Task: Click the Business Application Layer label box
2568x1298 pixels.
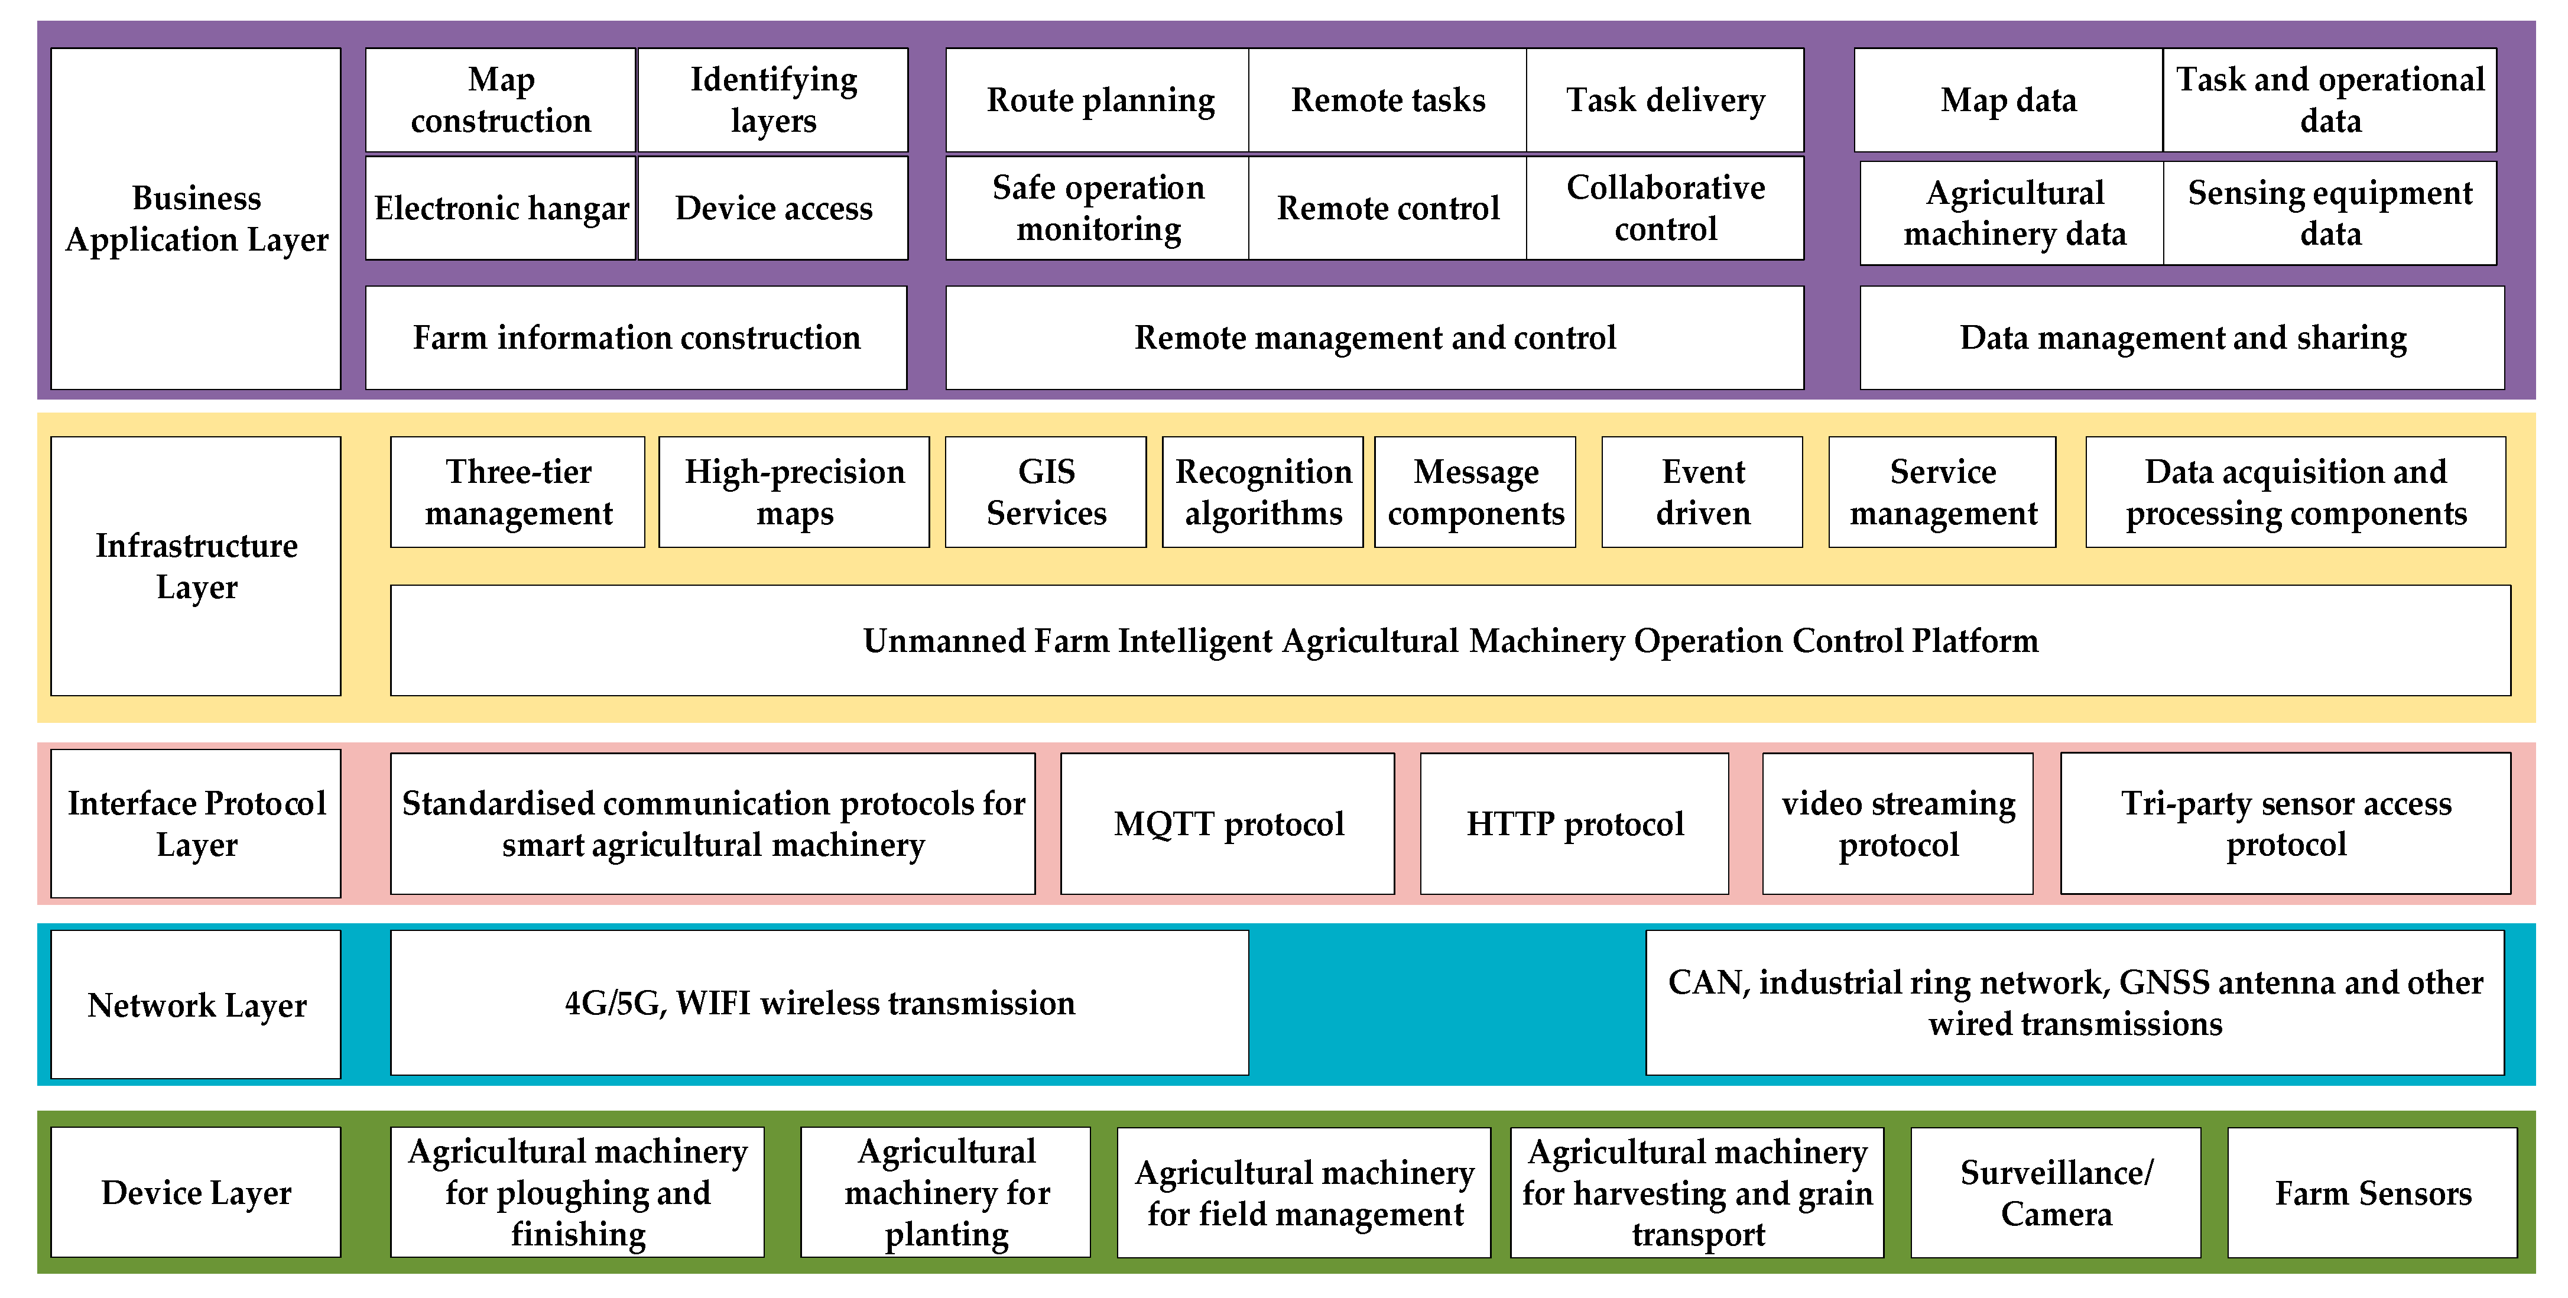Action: [196, 218]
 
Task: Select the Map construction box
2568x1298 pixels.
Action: [501, 100]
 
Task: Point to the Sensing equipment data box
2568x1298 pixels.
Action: [2330, 212]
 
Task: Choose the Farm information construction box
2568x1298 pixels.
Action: [636, 337]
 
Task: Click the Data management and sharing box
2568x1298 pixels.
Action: [2182, 337]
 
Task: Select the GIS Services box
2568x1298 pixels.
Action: [1046, 492]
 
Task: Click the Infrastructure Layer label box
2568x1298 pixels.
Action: [196, 565]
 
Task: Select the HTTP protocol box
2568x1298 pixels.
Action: [1574, 823]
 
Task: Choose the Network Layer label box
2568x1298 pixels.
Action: [196, 1004]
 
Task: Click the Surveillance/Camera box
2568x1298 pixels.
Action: [2056, 1192]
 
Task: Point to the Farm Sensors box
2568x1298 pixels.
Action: [2372, 1192]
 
